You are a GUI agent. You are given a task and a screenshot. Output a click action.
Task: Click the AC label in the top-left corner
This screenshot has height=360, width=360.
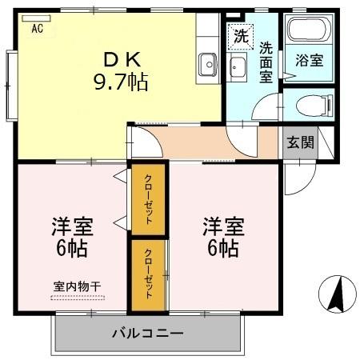37,29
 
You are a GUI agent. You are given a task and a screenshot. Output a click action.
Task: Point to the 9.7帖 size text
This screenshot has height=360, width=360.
120,81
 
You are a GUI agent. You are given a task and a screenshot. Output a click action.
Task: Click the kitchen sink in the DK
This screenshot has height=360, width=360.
209,62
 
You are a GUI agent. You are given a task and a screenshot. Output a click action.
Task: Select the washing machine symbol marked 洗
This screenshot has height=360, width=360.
239,36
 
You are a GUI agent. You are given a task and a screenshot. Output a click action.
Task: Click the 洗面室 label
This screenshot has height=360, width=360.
266,61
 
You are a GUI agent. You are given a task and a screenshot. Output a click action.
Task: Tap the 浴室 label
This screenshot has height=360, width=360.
310,59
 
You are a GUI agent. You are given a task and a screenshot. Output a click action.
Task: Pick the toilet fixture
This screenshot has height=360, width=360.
308,104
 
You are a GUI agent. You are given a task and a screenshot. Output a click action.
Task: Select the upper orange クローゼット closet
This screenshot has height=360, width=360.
149,198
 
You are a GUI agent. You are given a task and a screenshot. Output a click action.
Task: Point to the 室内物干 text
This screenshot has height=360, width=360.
78,286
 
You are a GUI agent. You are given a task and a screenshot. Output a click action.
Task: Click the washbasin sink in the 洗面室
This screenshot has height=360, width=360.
238,65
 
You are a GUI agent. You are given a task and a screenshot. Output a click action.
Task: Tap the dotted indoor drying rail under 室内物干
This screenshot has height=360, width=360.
78,298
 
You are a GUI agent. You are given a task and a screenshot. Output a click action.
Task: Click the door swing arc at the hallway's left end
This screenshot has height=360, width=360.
142,143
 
